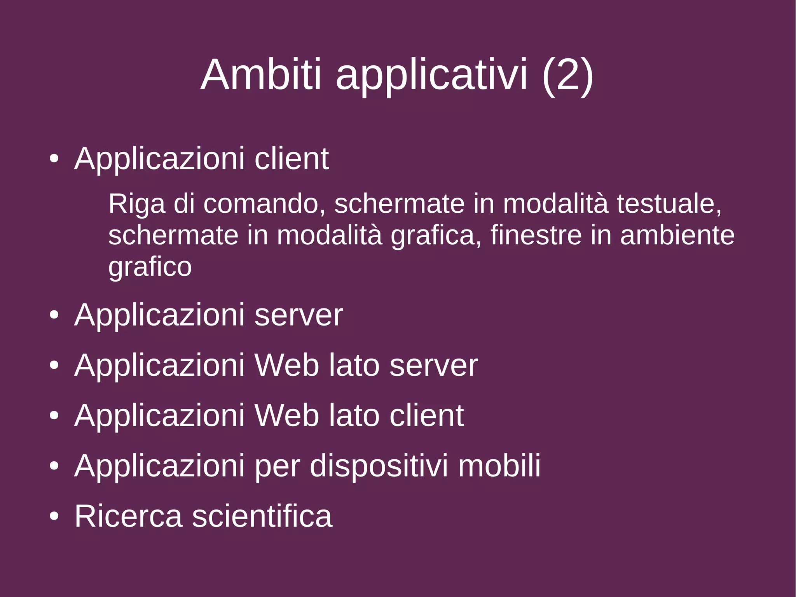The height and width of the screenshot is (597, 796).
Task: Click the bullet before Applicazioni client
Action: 54,159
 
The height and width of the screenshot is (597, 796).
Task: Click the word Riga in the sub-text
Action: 137,205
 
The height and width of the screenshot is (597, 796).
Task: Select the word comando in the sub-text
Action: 264,204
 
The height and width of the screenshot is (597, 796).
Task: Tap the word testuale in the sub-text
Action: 669,204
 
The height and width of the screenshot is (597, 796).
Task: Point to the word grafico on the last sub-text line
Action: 150,268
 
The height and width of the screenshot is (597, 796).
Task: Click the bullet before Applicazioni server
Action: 54,315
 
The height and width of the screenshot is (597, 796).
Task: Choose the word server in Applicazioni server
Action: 298,315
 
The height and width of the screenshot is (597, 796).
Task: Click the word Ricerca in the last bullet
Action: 128,516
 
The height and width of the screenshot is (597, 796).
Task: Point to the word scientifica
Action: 262,516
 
